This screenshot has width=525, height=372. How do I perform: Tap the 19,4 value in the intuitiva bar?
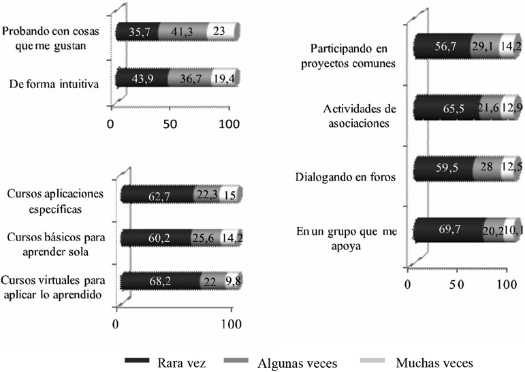pos(223,79)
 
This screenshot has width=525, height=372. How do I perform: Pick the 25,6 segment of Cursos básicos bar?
pos(208,236)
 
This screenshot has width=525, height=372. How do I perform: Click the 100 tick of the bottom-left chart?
pos(232,322)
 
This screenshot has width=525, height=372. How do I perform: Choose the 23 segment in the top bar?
pos(222,31)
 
